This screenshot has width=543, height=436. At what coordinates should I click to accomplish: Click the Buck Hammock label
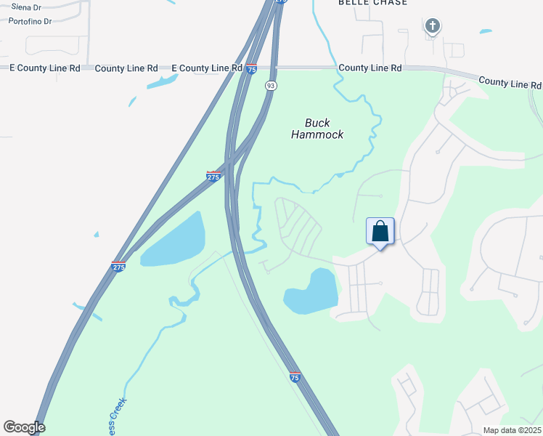pyautogui.click(x=317, y=129)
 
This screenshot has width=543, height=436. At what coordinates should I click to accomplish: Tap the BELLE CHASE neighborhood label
pyautogui.click(x=372, y=3)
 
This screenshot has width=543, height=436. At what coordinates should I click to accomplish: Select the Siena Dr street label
pyautogui.click(x=25, y=7)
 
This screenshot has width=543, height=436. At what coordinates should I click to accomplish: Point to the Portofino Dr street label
pyautogui.click(x=30, y=21)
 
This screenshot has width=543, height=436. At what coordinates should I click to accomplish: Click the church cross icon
pyautogui.click(x=432, y=27)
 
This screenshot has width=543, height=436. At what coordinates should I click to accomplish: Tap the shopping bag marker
pyautogui.click(x=380, y=233)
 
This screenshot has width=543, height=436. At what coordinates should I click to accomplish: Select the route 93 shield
pyautogui.click(x=271, y=86)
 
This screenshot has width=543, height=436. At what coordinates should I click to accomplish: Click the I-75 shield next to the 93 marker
pyautogui.click(x=251, y=69)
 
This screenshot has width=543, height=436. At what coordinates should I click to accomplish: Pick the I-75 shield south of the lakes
pyautogui.click(x=295, y=377)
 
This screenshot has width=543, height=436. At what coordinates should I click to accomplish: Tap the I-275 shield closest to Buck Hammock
pyautogui.click(x=213, y=176)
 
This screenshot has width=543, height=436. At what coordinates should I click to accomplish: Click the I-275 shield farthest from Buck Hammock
pyautogui.click(x=118, y=266)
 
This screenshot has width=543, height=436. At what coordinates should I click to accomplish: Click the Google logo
pyautogui.click(x=24, y=427)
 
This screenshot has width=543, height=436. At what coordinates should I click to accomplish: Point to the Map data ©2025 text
pyautogui.click(x=511, y=430)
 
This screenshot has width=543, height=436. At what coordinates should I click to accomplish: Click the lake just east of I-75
pyautogui.click(x=312, y=292)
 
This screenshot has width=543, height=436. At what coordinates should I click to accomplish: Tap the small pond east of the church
pyautogui.click(x=485, y=31)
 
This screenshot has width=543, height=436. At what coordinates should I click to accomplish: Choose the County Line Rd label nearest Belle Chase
pyautogui.click(x=370, y=68)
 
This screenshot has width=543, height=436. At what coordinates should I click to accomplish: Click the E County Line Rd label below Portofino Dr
pyautogui.click(x=44, y=68)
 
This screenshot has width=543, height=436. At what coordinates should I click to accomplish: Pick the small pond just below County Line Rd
pyautogui.click(x=162, y=82)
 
